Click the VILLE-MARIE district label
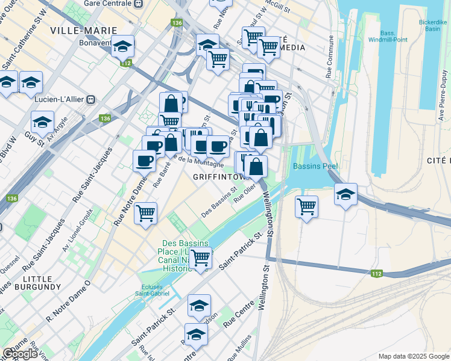tap(75, 30)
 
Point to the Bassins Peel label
tap(315, 166)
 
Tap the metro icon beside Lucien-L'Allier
tap(91, 99)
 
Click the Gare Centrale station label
tap(107, 3)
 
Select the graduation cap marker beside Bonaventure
tap(123, 46)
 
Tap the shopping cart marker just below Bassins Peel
tap(306, 206)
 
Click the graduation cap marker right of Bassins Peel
tap(345, 194)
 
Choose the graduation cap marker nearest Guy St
tap(42, 122)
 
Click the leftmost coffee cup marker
tap(144, 160)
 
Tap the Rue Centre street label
tap(238, 316)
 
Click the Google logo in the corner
tap(20, 354)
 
